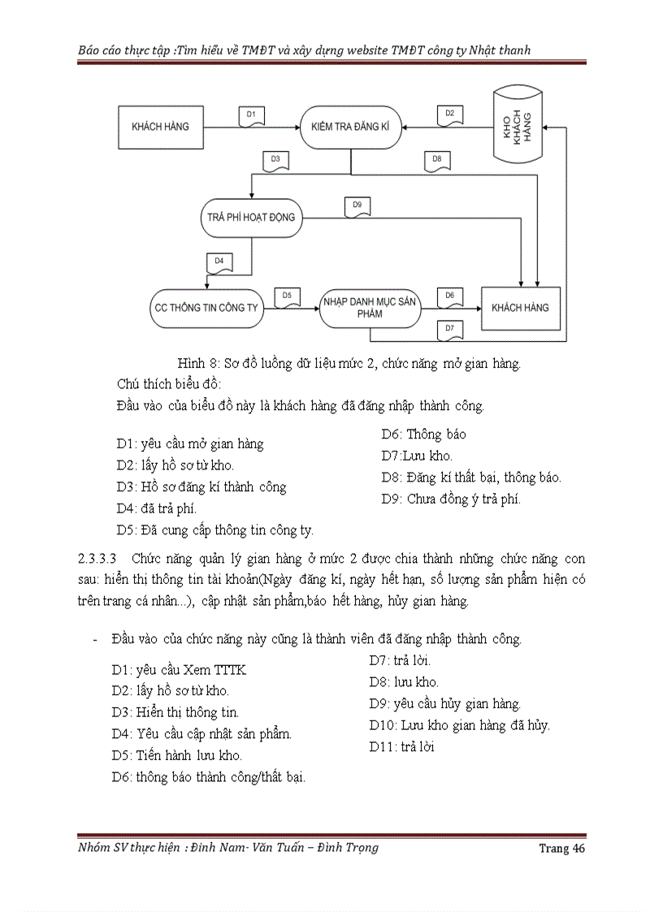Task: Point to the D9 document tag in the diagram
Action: tap(357, 206)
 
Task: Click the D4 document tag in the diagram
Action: tap(219, 261)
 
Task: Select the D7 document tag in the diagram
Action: tap(450, 329)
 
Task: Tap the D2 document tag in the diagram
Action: tap(449, 115)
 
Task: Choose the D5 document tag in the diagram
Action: tap(287, 296)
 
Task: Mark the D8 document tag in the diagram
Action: tap(436, 160)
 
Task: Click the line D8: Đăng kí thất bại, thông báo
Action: tap(470, 478)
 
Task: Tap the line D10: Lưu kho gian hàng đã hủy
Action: tap(459, 725)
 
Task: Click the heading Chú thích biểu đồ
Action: tap(169, 383)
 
